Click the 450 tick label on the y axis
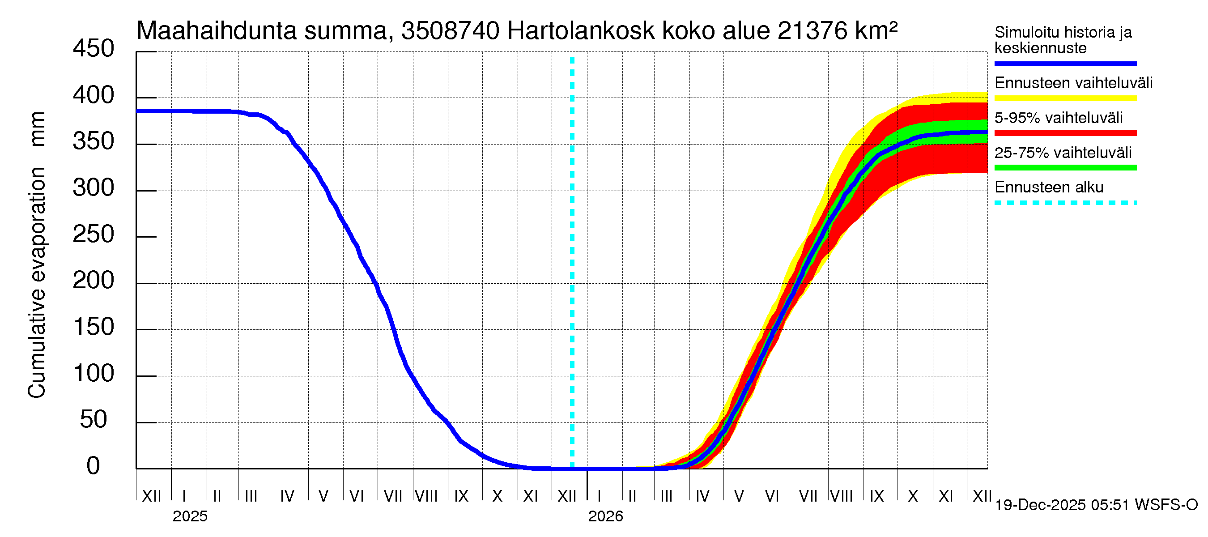tap(94, 49)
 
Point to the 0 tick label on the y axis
tap(94, 466)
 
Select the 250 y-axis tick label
tap(94, 234)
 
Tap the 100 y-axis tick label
tap(94, 374)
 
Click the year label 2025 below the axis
tap(190, 516)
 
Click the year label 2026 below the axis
tap(605, 516)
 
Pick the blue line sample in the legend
tap(1065, 63)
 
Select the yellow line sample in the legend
tap(1065, 98)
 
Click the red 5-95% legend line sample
tap(1065, 133)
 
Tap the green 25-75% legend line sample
tap(1065, 168)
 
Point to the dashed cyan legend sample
tap(1065, 203)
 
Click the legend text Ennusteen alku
tap(1049, 188)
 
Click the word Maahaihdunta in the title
tap(216, 31)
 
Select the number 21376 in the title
tap(812, 31)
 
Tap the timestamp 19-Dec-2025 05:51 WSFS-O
tap(1096, 505)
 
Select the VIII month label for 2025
tap(426, 496)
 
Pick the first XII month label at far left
tap(151, 496)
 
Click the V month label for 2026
tap(739, 496)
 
